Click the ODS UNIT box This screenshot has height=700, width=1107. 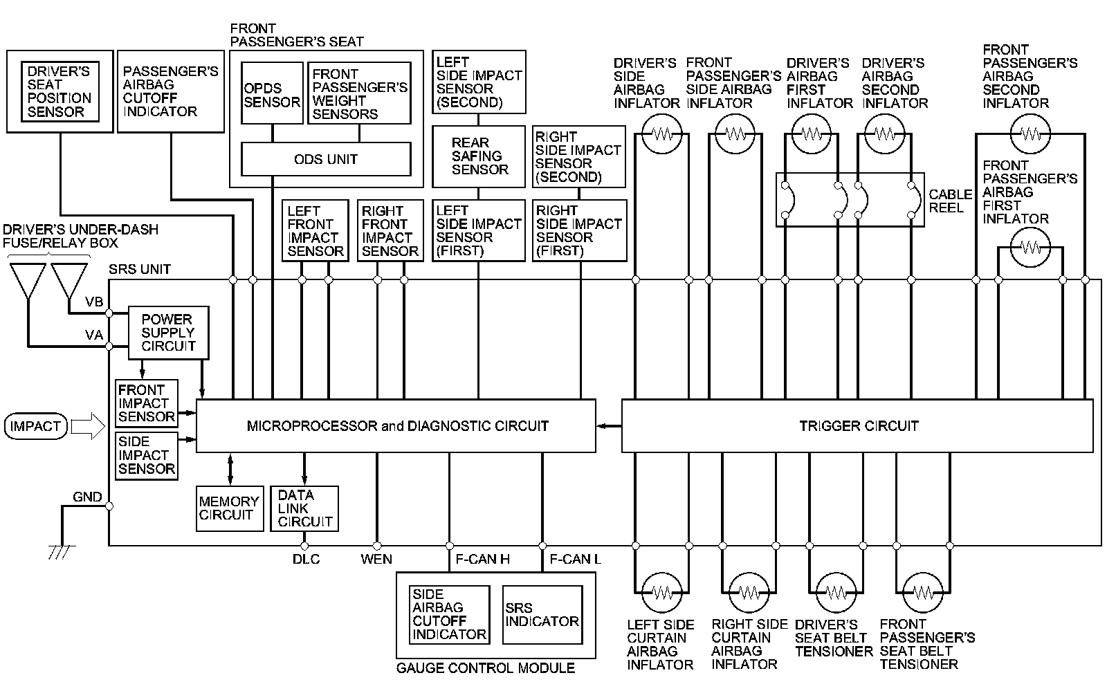pos(326,159)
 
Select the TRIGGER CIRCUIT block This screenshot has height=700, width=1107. pos(857,425)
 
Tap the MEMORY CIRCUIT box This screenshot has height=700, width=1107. pos(230,508)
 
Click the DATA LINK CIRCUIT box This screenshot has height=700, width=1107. pos(304,508)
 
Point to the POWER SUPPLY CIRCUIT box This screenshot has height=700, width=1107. pos(168,333)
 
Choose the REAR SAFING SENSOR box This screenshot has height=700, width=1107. pos(479,156)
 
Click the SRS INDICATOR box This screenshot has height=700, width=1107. pos(542,614)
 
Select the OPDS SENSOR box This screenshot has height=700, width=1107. pos(272,94)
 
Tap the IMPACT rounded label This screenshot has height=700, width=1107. pos(35,426)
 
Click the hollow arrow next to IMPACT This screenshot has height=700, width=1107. pos(87,426)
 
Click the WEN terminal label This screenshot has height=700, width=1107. pos(376,559)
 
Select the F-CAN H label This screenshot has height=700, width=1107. pos(482,559)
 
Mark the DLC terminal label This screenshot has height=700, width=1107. pos(306,559)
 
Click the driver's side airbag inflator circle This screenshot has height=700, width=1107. pos(662,134)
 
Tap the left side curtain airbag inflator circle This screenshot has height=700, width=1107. pos(662,592)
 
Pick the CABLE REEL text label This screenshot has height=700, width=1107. pos(950,201)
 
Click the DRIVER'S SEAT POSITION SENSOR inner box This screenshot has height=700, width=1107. pos(60,91)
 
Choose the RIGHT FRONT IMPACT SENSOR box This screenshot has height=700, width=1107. pos(390,231)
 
